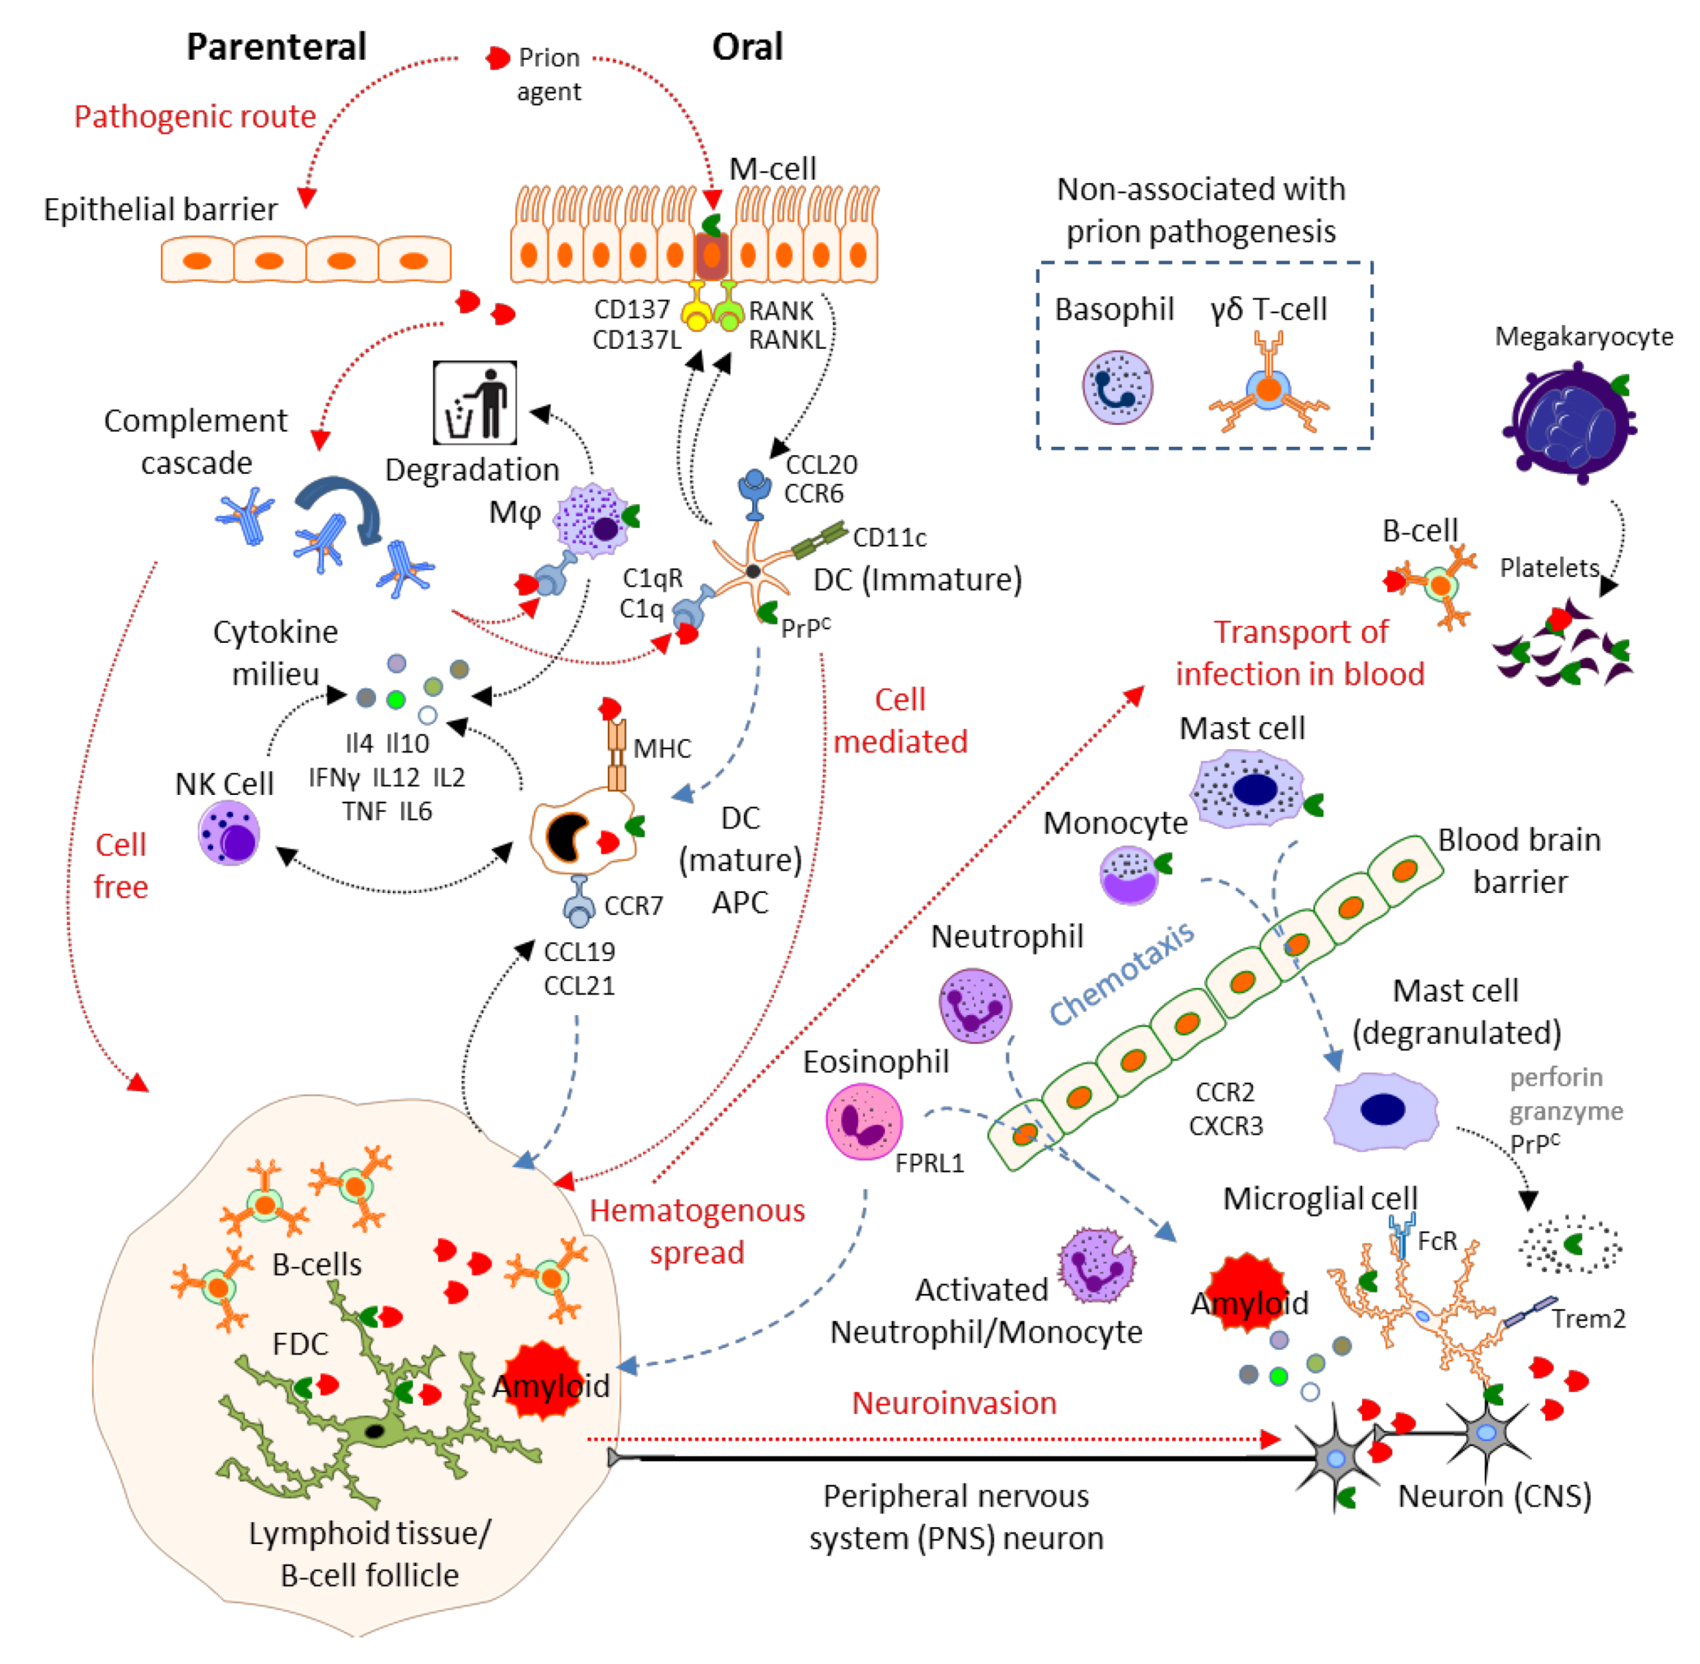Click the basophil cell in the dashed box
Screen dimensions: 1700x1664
(x=1116, y=387)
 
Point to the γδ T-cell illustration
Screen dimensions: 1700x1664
(x=1268, y=385)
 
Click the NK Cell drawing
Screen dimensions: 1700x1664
(x=228, y=832)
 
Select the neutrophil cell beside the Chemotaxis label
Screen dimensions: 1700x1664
(x=974, y=1005)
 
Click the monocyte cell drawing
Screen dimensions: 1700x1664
(x=1130, y=874)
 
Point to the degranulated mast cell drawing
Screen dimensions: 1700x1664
(x=1381, y=1110)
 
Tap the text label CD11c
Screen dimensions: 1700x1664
(x=889, y=537)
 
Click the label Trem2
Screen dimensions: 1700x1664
(x=1588, y=1318)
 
